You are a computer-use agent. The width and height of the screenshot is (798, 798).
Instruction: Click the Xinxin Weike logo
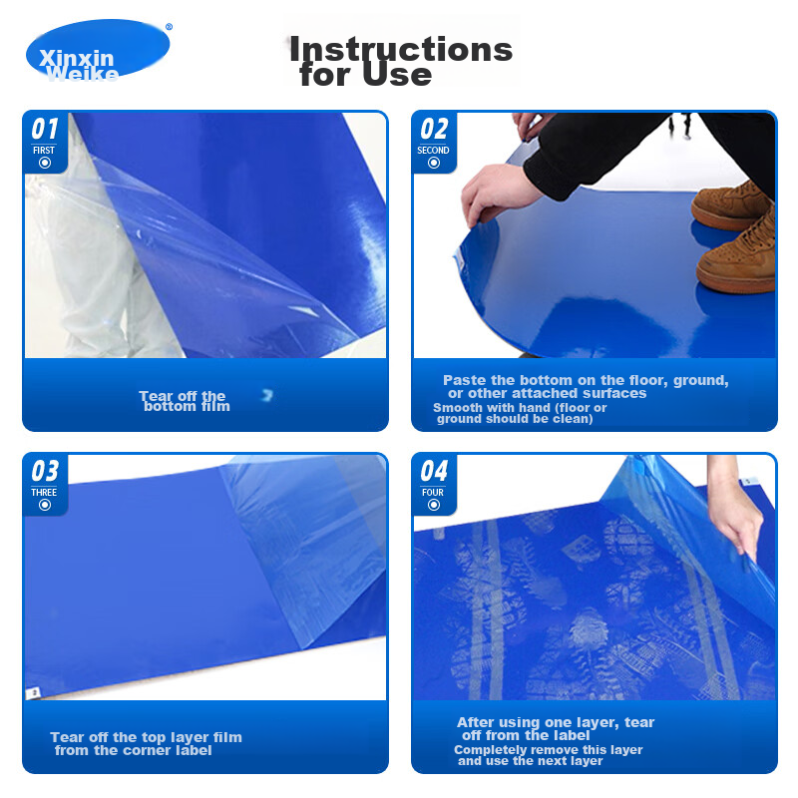tap(98, 50)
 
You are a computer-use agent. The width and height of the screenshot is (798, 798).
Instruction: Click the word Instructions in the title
tap(401, 49)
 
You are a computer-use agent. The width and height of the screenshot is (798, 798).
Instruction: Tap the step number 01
tap(45, 129)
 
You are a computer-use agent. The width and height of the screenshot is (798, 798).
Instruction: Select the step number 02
tap(434, 129)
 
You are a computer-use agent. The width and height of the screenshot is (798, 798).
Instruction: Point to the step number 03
tap(45, 471)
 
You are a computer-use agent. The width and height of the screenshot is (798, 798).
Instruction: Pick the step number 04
tap(434, 471)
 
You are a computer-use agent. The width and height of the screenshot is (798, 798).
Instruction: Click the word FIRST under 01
tap(44, 151)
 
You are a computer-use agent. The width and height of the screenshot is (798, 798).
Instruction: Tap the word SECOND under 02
tap(433, 151)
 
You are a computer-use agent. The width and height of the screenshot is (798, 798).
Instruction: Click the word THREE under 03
tap(44, 492)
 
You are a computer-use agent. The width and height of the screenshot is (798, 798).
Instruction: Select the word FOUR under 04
tap(433, 492)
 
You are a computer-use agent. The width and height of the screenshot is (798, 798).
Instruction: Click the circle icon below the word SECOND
tap(434, 163)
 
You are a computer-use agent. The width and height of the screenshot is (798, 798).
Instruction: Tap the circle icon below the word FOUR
tap(434, 505)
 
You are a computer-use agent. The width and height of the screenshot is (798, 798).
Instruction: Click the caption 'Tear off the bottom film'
tap(185, 401)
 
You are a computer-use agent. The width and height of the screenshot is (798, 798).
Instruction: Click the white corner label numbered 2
tap(34, 692)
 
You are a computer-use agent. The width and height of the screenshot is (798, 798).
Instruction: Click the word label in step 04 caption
tap(571, 735)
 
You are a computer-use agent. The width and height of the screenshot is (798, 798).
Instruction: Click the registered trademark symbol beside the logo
tap(169, 27)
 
